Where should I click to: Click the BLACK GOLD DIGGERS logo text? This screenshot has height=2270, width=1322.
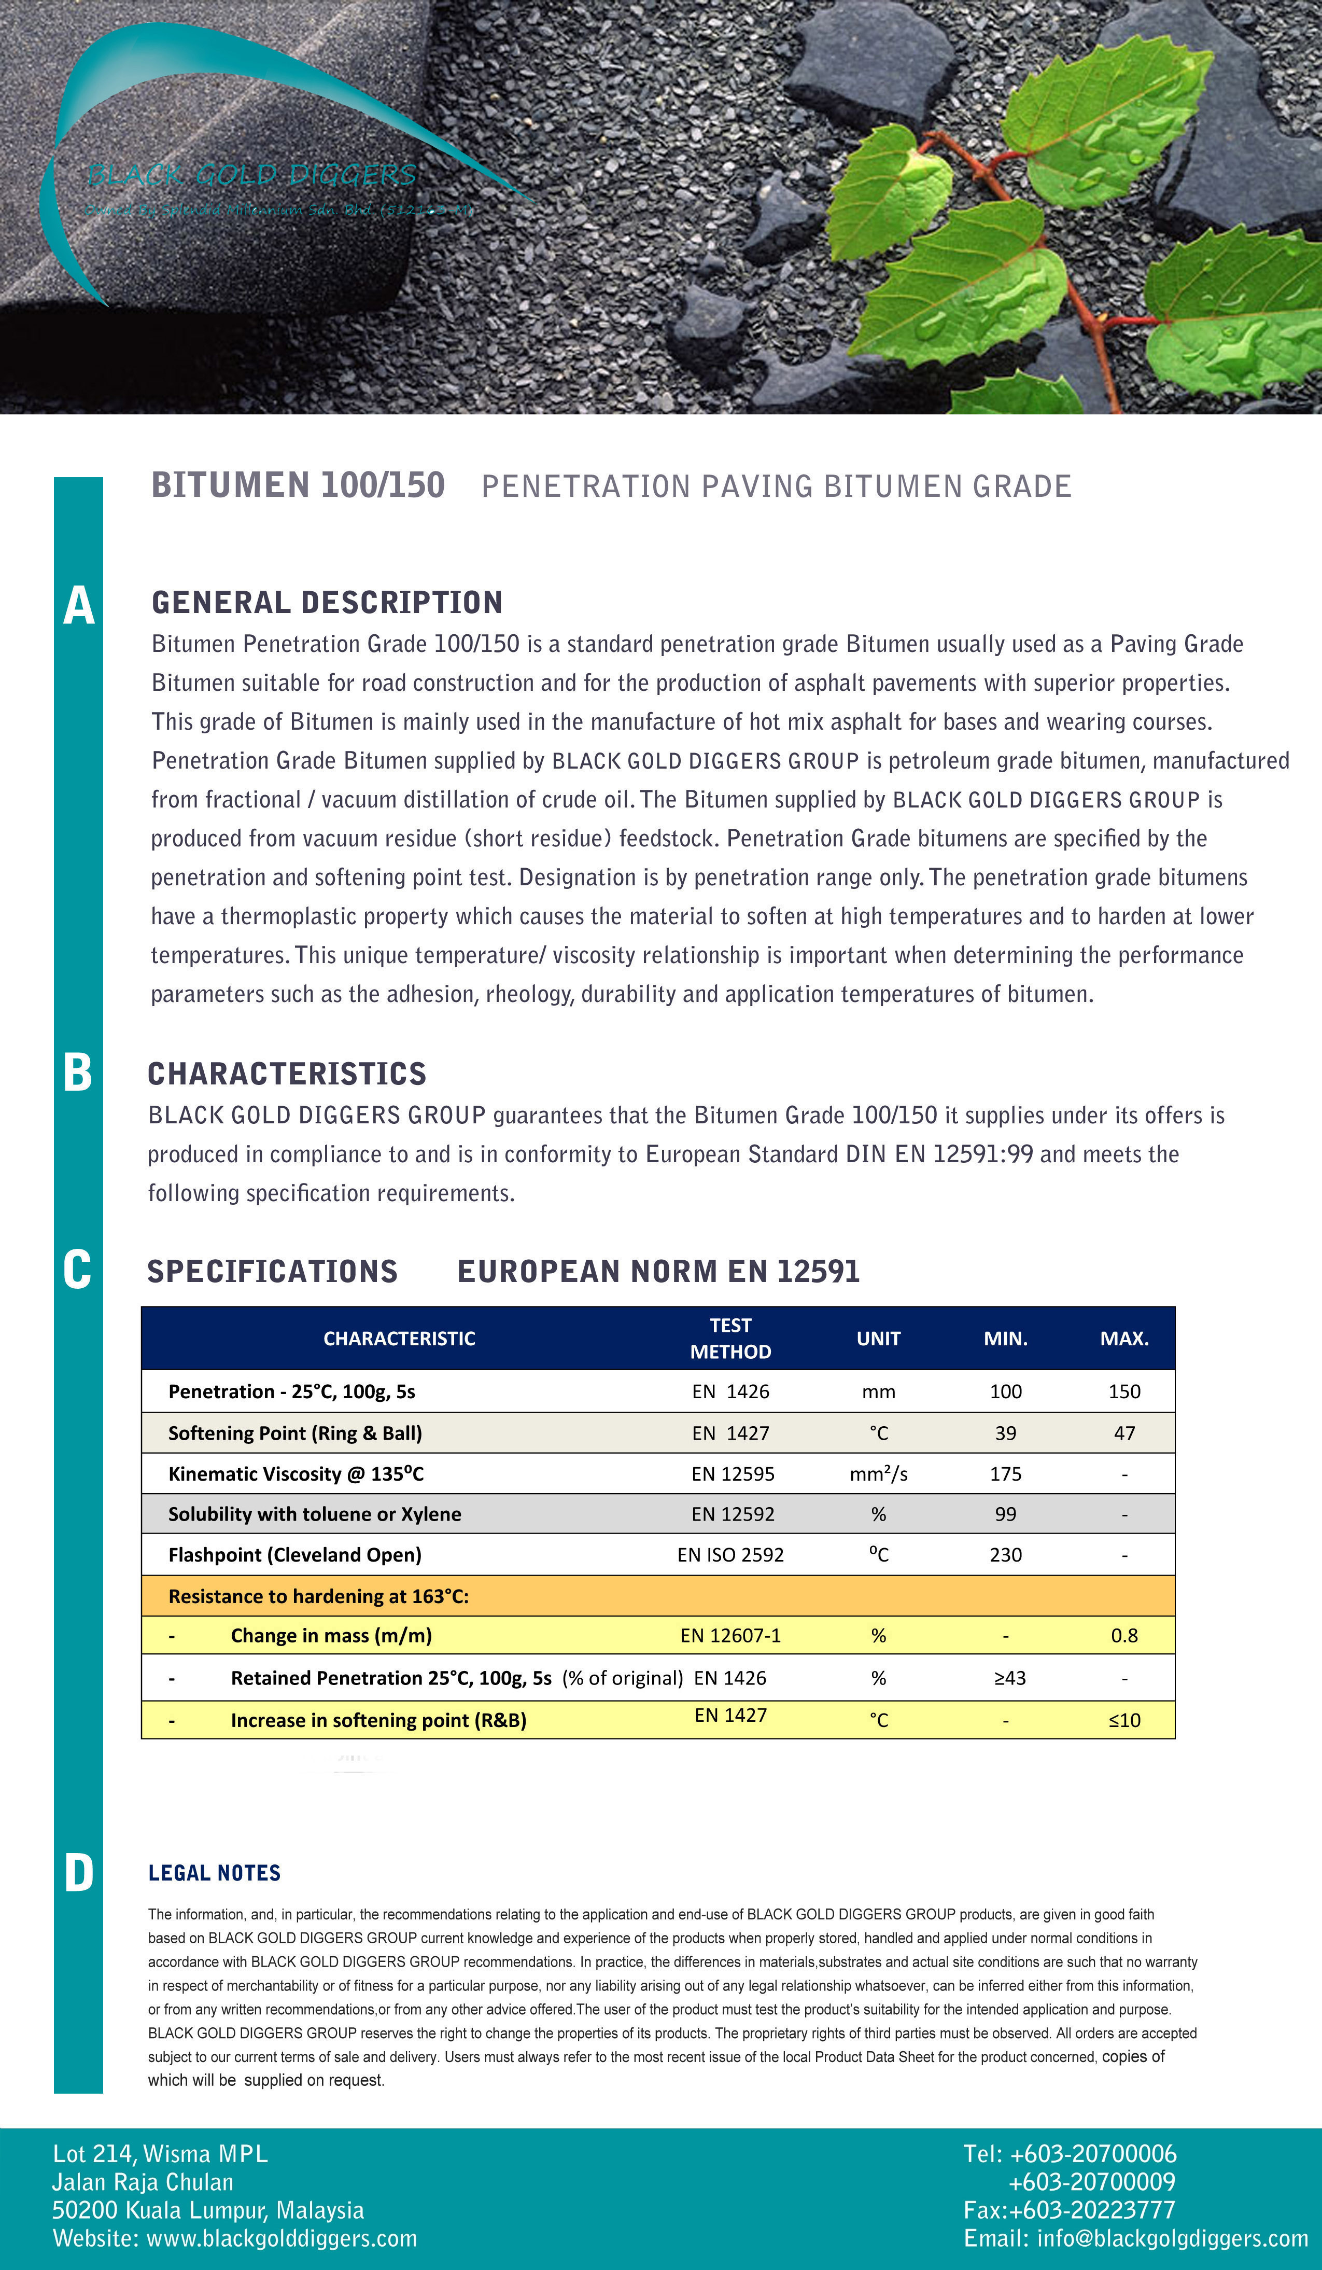[252, 175]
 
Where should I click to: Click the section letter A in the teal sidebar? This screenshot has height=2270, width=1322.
[78, 605]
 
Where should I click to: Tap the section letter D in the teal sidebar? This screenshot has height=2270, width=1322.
[78, 1874]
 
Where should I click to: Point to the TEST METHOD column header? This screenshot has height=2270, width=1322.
[730, 1339]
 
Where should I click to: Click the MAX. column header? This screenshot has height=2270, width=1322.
[1124, 1339]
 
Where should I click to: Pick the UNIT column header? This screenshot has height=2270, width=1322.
[878, 1339]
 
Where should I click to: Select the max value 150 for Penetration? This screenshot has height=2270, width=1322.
[1124, 1392]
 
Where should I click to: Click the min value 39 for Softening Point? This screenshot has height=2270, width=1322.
[1005, 1433]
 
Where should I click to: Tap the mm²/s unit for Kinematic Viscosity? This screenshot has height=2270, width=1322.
[878, 1474]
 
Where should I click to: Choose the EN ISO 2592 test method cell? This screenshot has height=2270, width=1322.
[730, 1555]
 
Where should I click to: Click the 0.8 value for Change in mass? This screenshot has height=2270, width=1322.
[1124, 1636]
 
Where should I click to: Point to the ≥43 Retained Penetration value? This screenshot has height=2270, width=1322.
[1009, 1678]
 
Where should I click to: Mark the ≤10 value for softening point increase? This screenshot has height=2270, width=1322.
[1124, 1720]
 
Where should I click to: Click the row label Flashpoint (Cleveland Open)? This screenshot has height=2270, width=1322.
[294, 1555]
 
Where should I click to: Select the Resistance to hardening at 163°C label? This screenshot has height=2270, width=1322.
[318, 1596]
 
